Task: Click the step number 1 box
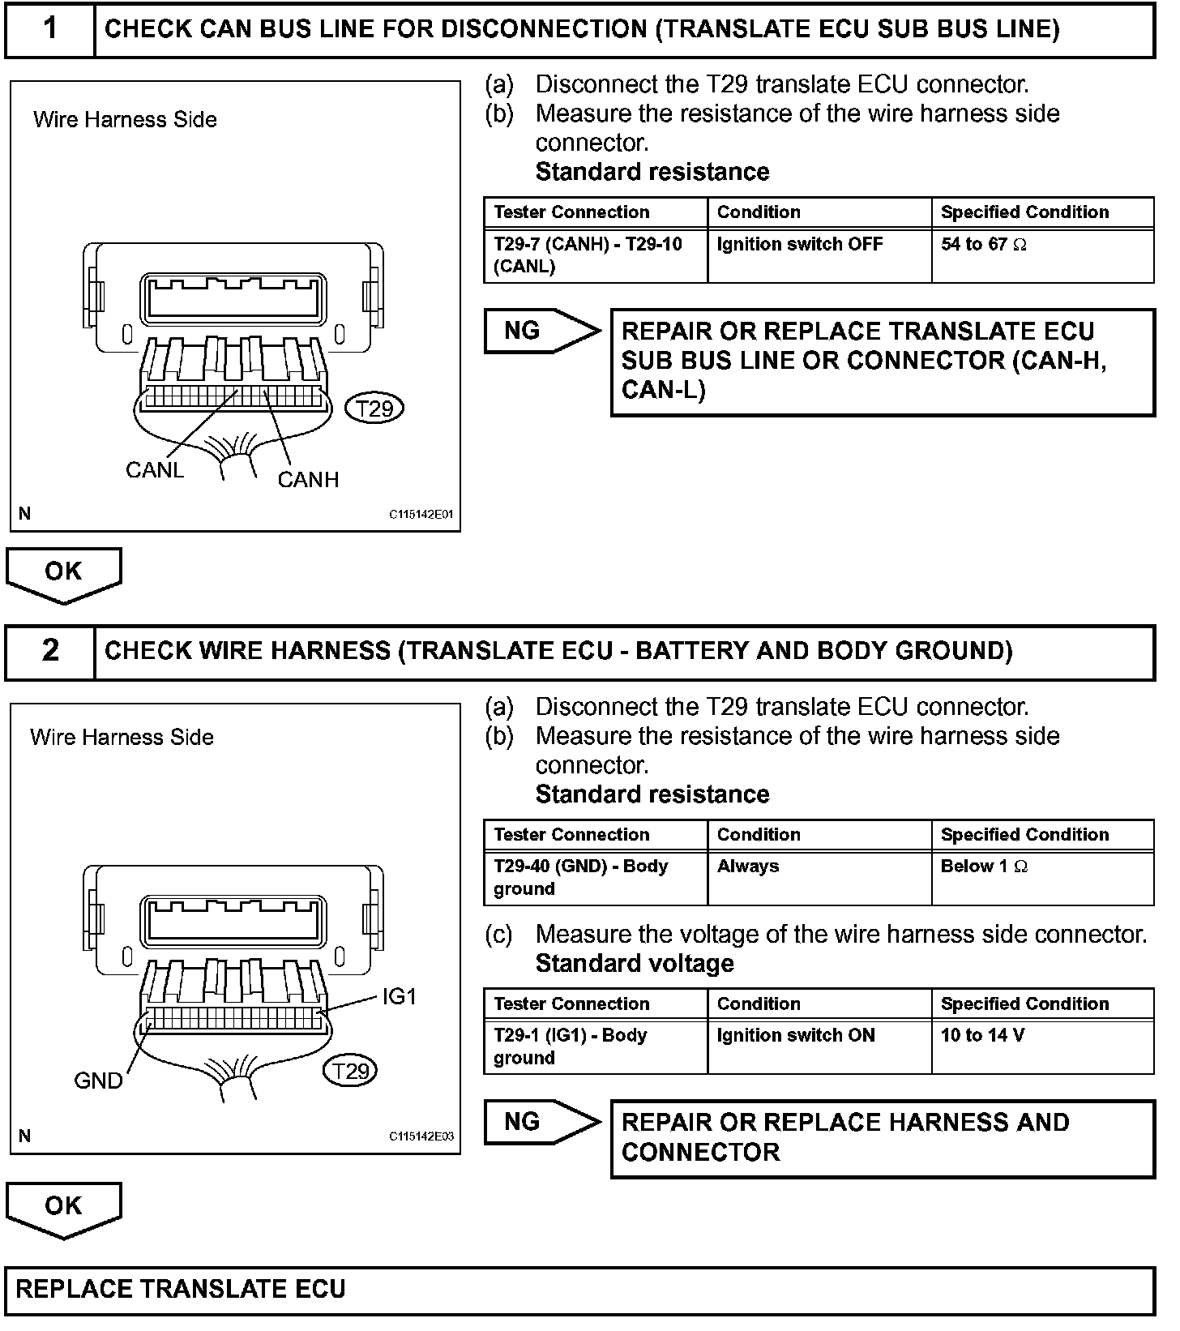point(50,29)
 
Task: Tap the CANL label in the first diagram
point(155,469)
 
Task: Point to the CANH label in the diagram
point(308,480)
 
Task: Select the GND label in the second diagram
point(98,1081)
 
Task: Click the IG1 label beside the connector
point(399,996)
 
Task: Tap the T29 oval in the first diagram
point(374,409)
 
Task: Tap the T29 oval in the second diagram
point(351,1072)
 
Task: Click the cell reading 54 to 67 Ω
point(983,245)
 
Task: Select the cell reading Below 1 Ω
point(983,867)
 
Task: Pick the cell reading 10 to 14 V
point(982,1036)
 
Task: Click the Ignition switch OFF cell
point(799,245)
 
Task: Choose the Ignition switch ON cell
point(796,1036)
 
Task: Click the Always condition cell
point(748,867)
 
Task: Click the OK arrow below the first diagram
point(63,574)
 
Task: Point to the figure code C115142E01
point(421,515)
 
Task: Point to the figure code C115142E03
point(421,1136)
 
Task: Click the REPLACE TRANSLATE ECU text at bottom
point(181,1290)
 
